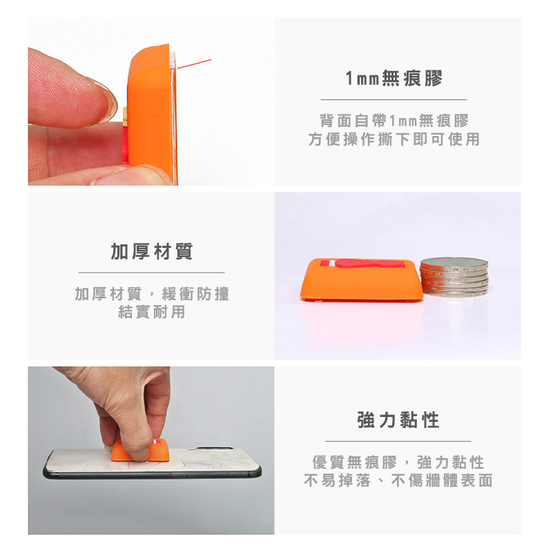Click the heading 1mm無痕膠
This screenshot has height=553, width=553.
(x=394, y=78)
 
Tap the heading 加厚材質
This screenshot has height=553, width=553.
(x=152, y=251)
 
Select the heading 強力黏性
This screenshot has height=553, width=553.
(x=398, y=420)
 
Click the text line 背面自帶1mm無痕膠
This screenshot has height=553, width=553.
(x=394, y=121)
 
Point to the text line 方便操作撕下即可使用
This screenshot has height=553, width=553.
(x=394, y=139)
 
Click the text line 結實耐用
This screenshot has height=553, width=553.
(x=152, y=312)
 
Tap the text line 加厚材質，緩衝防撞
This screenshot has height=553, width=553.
(x=152, y=294)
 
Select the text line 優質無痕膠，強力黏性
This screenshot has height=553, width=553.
(x=398, y=462)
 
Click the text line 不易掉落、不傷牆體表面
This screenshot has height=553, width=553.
(x=398, y=481)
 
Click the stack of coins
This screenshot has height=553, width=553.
(x=454, y=276)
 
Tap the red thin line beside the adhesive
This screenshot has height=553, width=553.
(x=194, y=64)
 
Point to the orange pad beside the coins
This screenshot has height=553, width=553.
(x=362, y=280)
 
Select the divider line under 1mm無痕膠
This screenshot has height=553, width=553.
(x=394, y=100)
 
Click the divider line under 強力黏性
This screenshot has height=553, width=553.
(x=398, y=441)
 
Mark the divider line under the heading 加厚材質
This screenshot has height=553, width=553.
(x=152, y=273)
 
